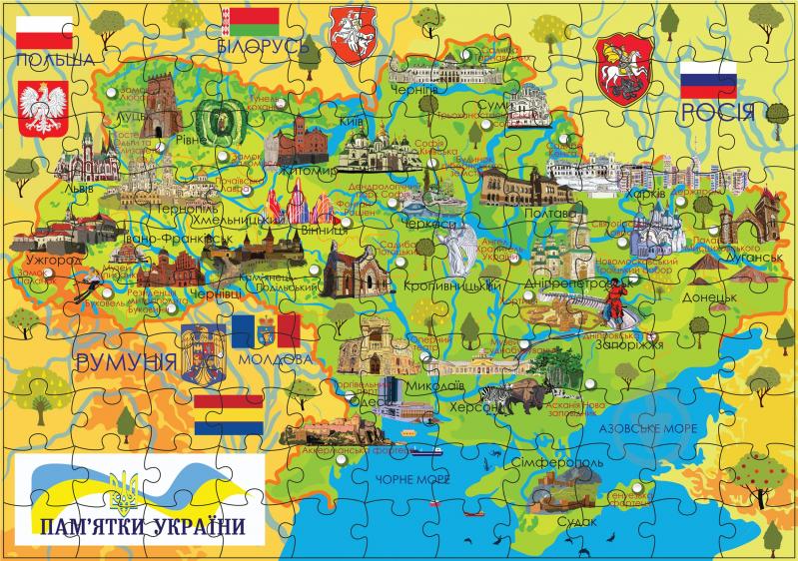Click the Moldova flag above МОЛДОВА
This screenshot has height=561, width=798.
click(x=266, y=328)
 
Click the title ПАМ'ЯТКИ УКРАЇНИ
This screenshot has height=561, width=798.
click(x=140, y=525)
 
